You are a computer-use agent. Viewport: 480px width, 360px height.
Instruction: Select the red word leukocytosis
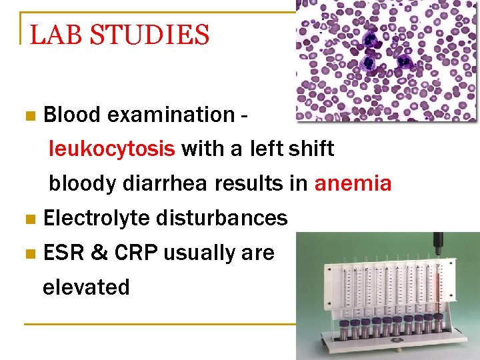[x=112, y=149]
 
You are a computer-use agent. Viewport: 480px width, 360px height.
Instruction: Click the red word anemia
[x=353, y=183]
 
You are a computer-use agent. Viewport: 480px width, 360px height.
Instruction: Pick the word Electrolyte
[x=96, y=218]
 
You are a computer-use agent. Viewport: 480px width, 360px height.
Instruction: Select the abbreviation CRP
[x=136, y=253]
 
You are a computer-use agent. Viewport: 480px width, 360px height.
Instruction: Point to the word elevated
[x=86, y=287]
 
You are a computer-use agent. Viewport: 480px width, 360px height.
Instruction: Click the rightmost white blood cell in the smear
[x=404, y=62]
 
